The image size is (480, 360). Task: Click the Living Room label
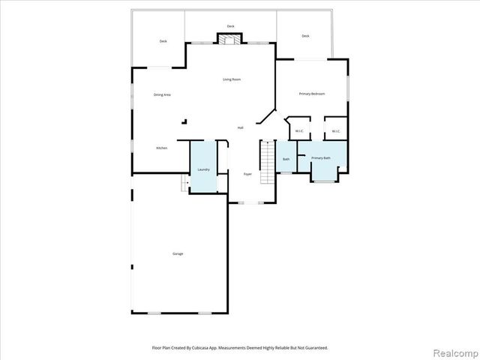[231, 79]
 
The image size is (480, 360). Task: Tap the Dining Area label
[162, 94]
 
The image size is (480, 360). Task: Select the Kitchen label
[161, 148]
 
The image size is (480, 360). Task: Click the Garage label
[178, 253]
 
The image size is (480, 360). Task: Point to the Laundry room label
[203, 169]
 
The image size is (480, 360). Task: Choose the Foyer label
[247, 174]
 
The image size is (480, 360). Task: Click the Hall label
[240, 127]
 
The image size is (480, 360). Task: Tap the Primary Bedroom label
[311, 94]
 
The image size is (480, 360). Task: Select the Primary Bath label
[321, 158]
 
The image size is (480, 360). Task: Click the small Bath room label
[286, 159]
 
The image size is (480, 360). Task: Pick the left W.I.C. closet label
[298, 131]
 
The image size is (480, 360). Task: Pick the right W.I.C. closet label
[336, 131]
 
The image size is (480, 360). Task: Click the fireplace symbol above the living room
[230, 40]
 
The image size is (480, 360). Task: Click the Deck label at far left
[163, 41]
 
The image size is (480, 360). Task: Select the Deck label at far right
[305, 36]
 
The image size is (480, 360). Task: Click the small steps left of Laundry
[184, 184]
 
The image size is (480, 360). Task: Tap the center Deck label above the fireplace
[230, 26]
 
